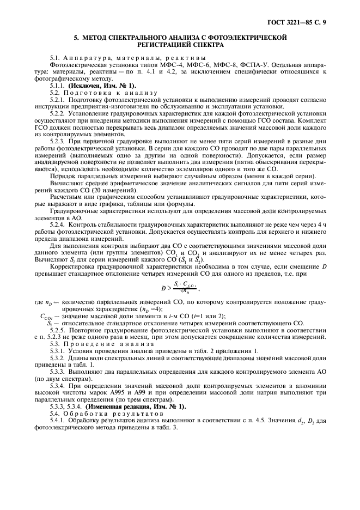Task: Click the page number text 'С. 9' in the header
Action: [322, 22]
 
